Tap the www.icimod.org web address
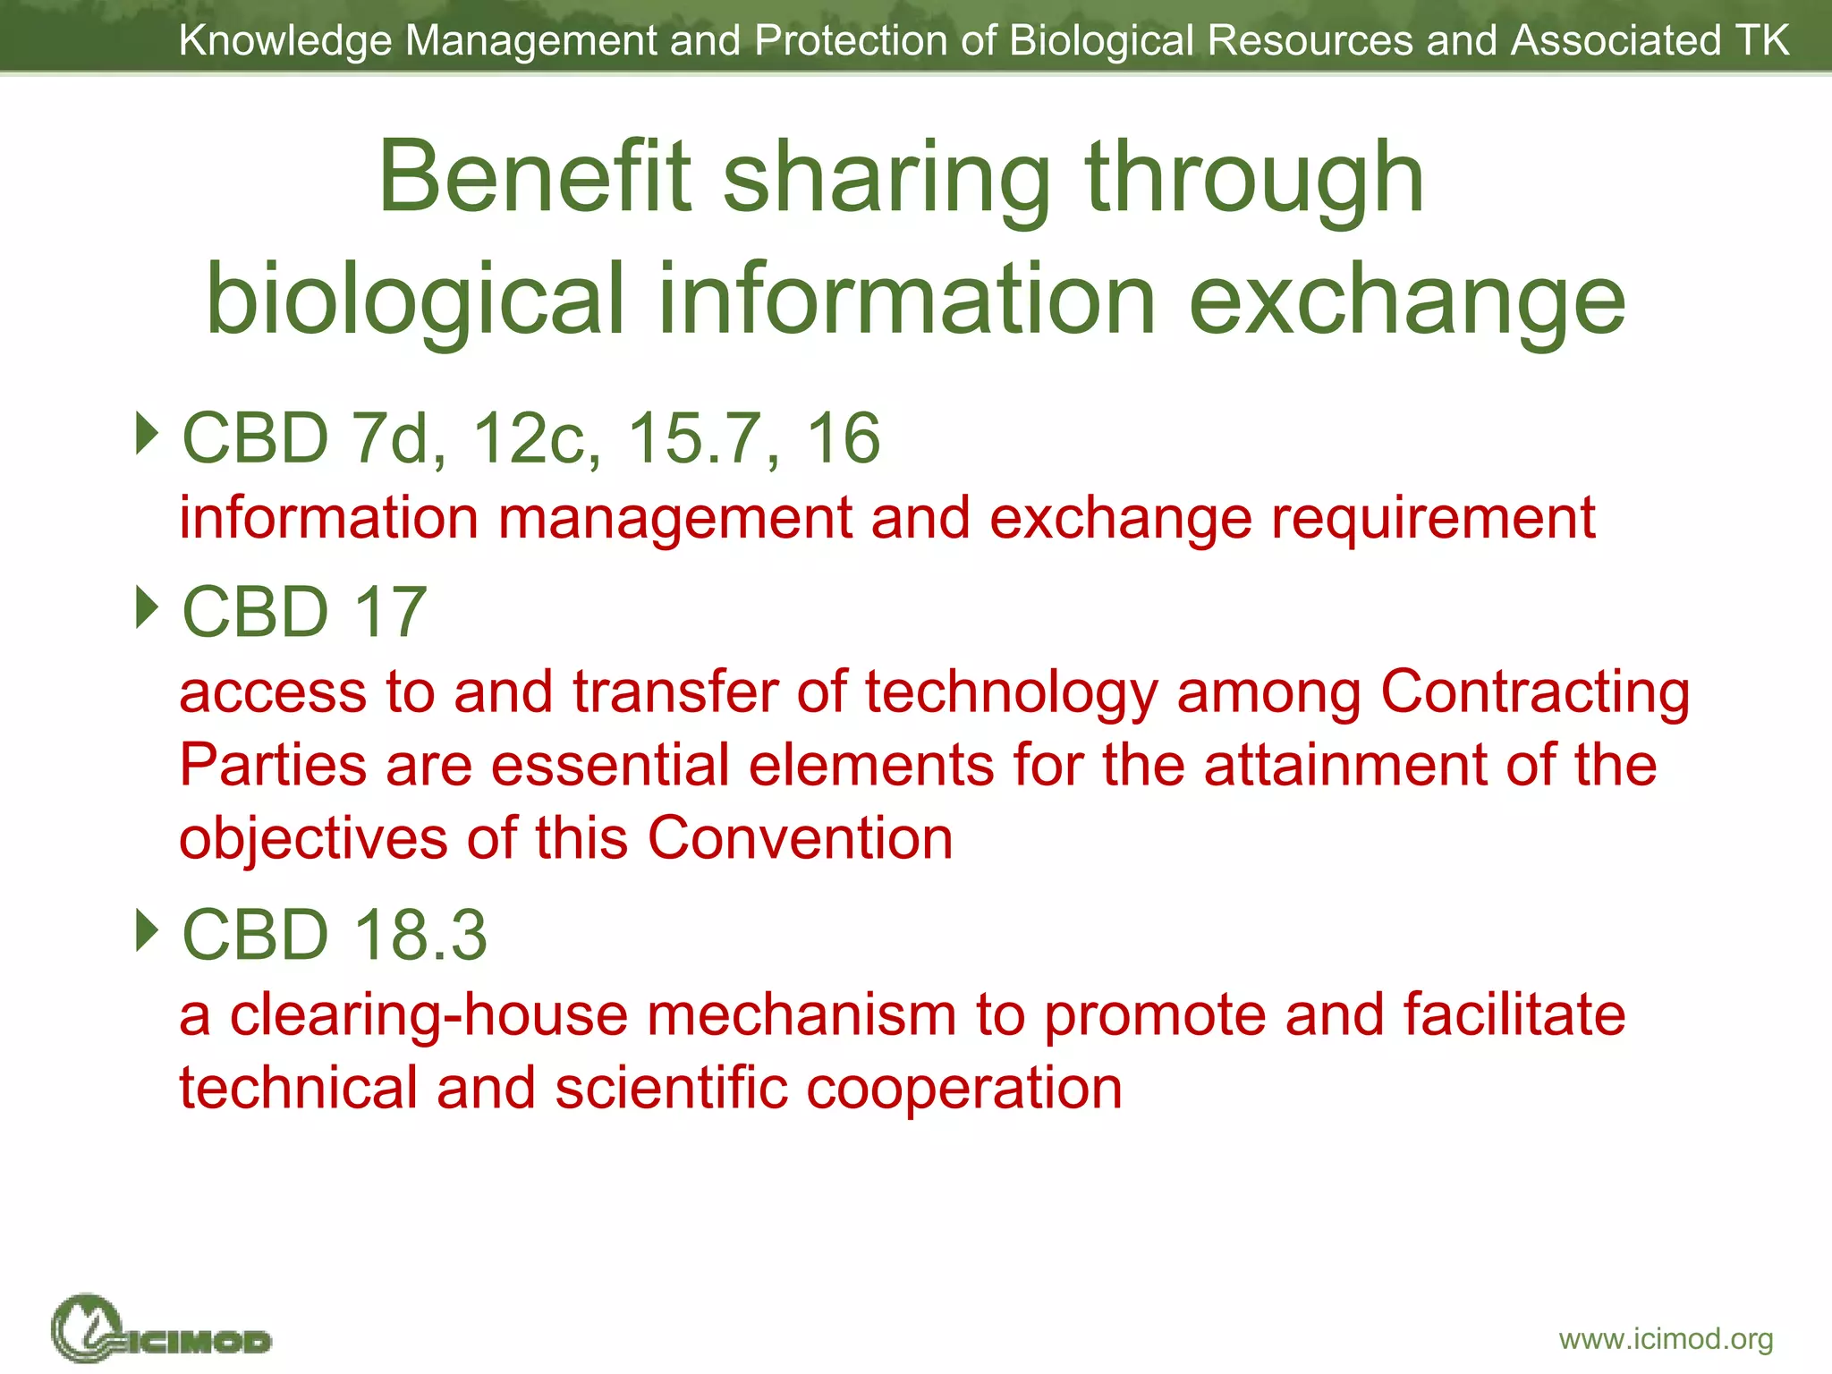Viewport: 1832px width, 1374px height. point(1666,1339)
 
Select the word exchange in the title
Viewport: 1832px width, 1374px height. point(1406,301)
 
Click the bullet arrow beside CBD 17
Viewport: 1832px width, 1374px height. point(147,607)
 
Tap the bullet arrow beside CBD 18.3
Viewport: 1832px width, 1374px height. point(147,930)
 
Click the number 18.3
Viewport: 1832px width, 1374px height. point(420,935)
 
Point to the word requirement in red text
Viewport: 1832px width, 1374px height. point(1433,519)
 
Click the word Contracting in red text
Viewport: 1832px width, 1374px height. point(1535,692)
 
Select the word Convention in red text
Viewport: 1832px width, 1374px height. point(800,838)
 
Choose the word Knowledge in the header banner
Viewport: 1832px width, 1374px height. point(285,41)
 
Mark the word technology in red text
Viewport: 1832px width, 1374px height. point(1011,692)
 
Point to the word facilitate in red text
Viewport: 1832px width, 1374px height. point(1514,1014)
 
